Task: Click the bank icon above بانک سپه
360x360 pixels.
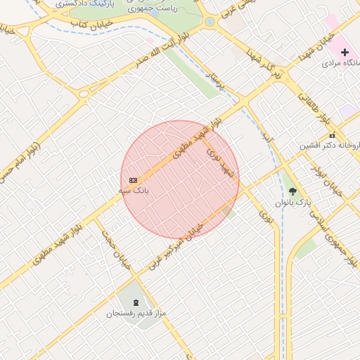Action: click(134, 181)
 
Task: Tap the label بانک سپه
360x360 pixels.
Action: click(134, 191)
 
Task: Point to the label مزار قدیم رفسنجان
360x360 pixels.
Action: click(136, 313)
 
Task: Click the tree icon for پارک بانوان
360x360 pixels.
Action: click(292, 191)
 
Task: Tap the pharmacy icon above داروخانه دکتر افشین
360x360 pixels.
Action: click(333, 135)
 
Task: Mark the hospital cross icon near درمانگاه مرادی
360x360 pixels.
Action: click(345, 52)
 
